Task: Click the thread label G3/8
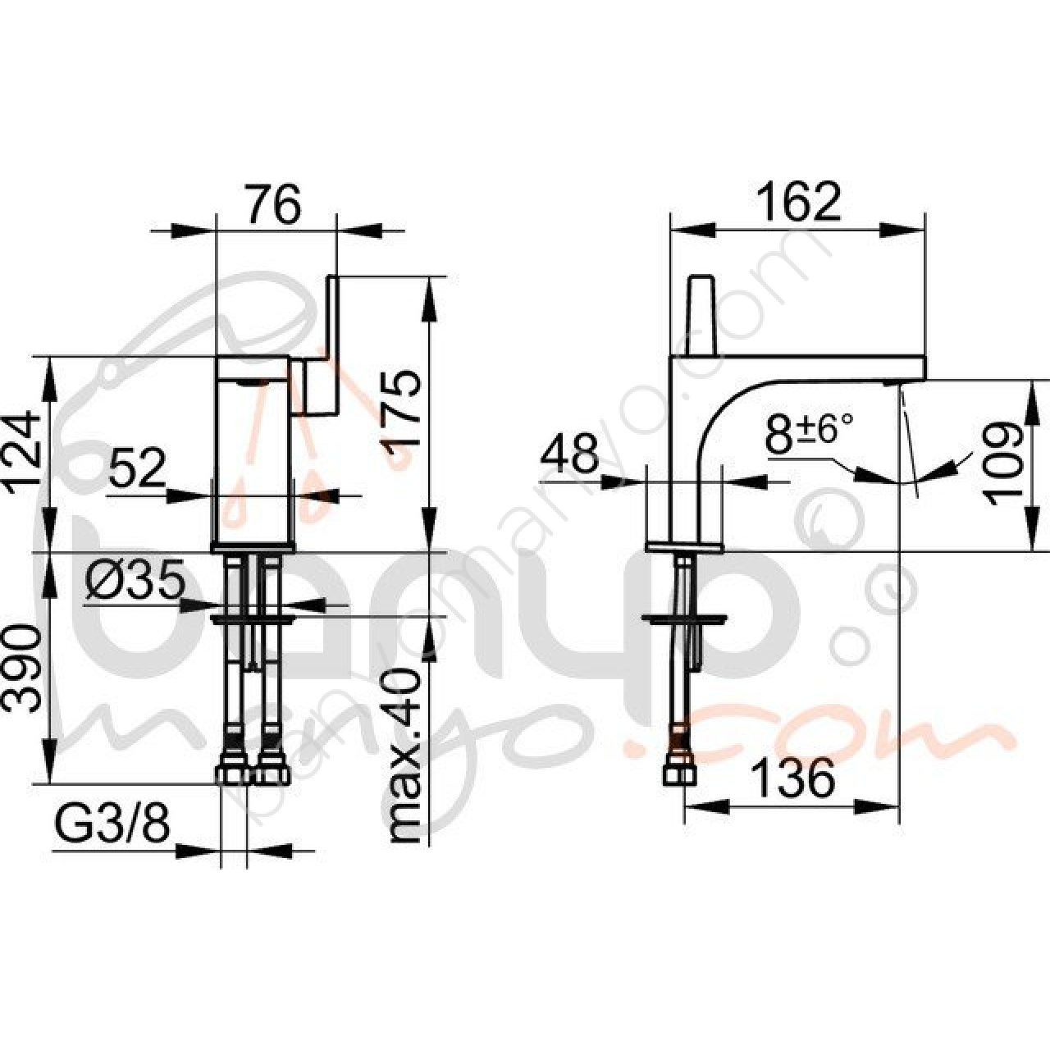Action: click(x=112, y=829)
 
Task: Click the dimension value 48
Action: click(x=570, y=454)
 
